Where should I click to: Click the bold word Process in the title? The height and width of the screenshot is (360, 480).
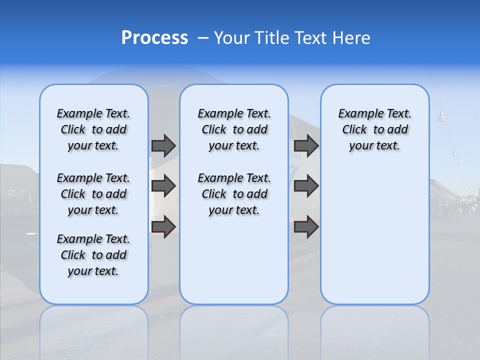click(x=154, y=37)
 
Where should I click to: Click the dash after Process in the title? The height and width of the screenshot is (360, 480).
click(x=203, y=38)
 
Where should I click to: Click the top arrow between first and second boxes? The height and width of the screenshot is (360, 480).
click(x=163, y=145)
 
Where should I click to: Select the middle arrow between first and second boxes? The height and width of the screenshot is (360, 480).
click(x=163, y=186)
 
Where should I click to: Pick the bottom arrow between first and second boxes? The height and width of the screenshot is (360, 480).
click(x=163, y=226)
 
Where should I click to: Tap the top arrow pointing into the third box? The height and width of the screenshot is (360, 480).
click(x=306, y=145)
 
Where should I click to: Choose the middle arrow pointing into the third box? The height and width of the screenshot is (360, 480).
click(x=306, y=186)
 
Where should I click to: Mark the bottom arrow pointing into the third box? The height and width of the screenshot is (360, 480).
click(x=306, y=226)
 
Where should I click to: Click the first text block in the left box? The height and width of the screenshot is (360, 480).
click(x=93, y=129)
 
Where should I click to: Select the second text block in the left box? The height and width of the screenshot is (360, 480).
click(x=93, y=194)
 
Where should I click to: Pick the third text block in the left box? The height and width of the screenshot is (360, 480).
click(x=93, y=255)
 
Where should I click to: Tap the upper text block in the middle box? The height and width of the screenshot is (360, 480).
click(x=234, y=129)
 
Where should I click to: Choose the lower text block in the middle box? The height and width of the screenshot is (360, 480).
click(x=234, y=194)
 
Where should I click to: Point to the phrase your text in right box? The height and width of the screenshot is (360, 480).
click(x=374, y=146)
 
